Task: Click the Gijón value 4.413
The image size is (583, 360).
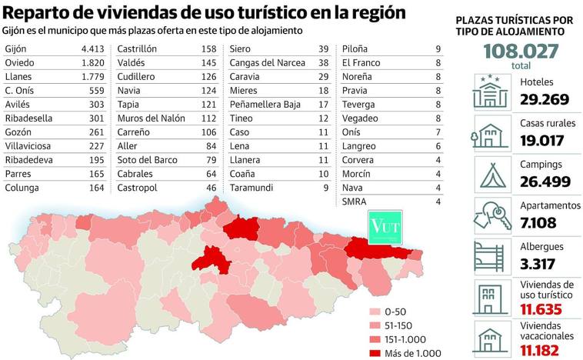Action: [91, 48]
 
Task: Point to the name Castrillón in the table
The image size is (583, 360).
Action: [138, 48]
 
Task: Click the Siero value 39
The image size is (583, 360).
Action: [323, 48]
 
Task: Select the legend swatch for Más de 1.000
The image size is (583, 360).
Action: [375, 352]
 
